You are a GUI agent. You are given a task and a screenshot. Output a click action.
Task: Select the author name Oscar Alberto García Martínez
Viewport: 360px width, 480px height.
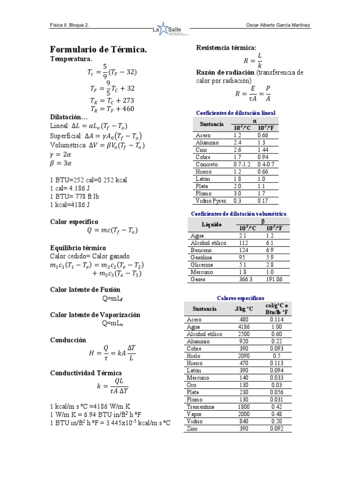tap(277, 25)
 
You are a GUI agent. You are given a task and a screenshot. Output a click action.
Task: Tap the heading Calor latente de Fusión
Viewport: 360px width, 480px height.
tap(85, 290)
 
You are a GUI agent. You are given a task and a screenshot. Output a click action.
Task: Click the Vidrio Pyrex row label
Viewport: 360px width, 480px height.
tap(210, 201)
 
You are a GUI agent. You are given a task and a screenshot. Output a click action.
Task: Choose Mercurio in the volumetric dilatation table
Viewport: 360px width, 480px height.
tap(202, 272)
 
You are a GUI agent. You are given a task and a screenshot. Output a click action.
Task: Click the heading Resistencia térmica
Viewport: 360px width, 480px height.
tap(226, 48)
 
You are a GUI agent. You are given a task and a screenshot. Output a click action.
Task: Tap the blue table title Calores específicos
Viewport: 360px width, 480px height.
tap(240, 298)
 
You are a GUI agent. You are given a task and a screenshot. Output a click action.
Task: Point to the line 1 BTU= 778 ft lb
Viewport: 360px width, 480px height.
tap(74, 196)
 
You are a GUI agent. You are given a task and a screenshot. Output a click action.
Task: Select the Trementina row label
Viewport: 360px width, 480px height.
tap(200, 407)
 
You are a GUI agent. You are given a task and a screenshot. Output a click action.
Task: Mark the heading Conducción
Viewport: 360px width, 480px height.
tap(68, 340)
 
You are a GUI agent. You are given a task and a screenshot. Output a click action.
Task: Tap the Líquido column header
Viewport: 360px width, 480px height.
tap(211, 225)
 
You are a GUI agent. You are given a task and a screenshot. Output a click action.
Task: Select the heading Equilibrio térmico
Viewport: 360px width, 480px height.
tap(78, 247)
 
